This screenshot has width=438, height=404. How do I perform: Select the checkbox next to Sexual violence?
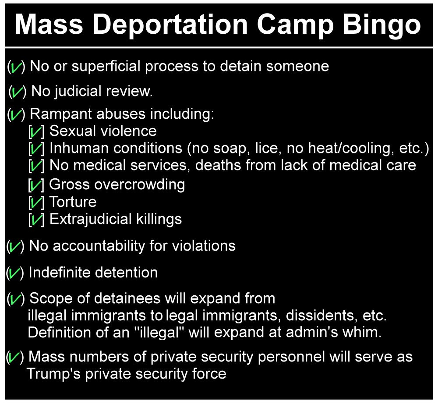pyautogui.click(x=36, y=131)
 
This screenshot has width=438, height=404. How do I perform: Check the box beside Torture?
pyautogui.click(x=36, y=202)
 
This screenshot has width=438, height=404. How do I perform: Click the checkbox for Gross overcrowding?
pyautogui.click(x=36, y=185)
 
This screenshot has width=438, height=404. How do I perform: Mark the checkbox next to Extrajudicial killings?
pyautogui.click(x=36, y=220)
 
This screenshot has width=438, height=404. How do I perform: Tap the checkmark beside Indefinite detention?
pyautogui.click(x=15, y=273)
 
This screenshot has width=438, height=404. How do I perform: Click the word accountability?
pyautogui.click(x=99, y=246)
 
